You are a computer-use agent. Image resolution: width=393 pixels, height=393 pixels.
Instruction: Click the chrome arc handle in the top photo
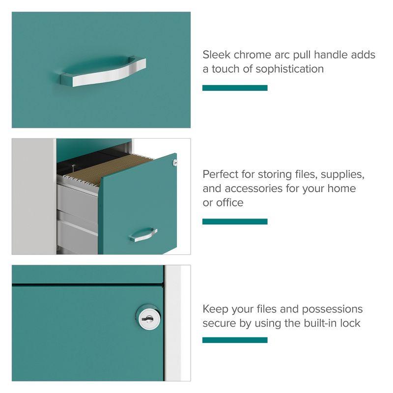(x=103, y=73)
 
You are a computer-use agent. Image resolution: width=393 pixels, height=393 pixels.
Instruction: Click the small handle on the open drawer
(x=143, y=234)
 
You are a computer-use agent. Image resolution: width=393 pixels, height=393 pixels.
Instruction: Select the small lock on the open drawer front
(x=173, y=162)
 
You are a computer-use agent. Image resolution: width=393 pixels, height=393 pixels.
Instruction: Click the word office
(x=230, y=202)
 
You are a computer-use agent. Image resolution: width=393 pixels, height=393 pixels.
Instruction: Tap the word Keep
(x=215, y=309)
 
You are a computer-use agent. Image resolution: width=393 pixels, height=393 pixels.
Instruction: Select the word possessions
(x=332, y=309)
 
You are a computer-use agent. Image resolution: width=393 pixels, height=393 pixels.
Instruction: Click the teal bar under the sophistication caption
(x=235, y=88)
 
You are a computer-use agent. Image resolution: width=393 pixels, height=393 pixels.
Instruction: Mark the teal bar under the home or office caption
(x=235, y=222)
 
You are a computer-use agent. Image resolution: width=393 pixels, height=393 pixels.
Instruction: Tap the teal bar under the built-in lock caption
(x=235, y=340)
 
